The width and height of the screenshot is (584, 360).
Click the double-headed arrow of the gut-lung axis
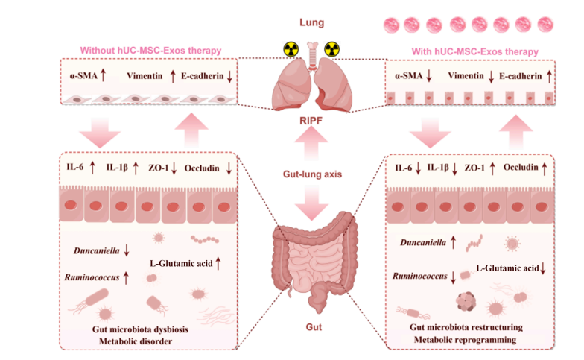[311, 173]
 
